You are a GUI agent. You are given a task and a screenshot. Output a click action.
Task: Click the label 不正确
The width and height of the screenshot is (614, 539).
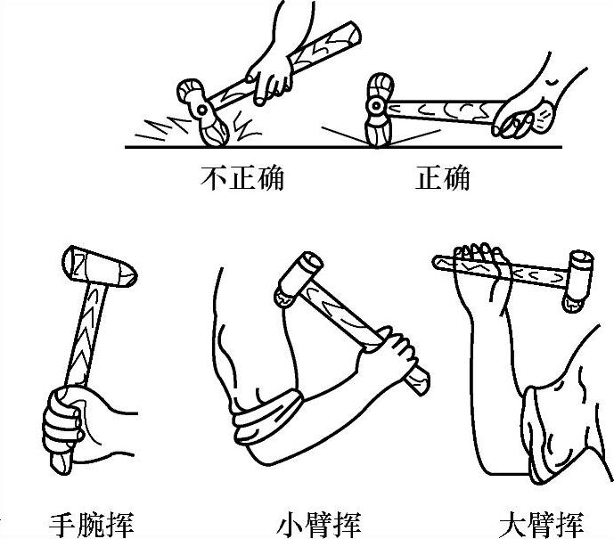pyautogui.click(x=242, y=178)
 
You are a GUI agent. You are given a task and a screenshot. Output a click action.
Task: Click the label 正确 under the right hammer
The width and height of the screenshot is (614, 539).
pyautogui.click(x=443, y=178)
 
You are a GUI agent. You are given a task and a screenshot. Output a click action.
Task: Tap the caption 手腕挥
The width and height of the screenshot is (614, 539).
pyautogui.click(x=92, y=525)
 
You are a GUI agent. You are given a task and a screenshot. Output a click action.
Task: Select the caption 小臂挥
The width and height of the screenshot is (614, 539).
pyautogui.click(x=318, y=525)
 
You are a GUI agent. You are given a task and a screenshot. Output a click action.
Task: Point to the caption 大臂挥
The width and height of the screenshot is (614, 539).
pyautogui.click(x=542, y=525)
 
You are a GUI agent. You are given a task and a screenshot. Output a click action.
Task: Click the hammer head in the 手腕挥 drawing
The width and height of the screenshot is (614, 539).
pyautogui.click(x=100, y=266)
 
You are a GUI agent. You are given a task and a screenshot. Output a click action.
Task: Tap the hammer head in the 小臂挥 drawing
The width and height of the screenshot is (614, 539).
pyautogui.click(x=299, y=279)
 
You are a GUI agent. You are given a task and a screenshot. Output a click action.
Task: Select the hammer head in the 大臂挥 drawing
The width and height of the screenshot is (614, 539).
pyautogui.click(x=578, y=281)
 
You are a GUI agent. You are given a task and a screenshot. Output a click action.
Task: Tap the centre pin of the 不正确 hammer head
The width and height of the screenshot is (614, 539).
pyautogui.click(x=201, y=110)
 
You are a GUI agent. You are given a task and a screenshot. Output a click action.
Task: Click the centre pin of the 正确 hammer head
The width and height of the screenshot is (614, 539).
pyautogui.click(x=376, y=105)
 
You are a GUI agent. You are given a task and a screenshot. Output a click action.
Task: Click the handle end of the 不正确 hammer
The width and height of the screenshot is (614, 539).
pyautogui.click(x=352, y=32)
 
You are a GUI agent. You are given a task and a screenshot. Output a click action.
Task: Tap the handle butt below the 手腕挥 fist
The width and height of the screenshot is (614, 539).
pyautogui.click(x=61, y=464)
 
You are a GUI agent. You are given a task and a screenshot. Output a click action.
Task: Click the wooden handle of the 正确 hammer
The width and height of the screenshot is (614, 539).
pyautogui.click(x=443, y=110)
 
